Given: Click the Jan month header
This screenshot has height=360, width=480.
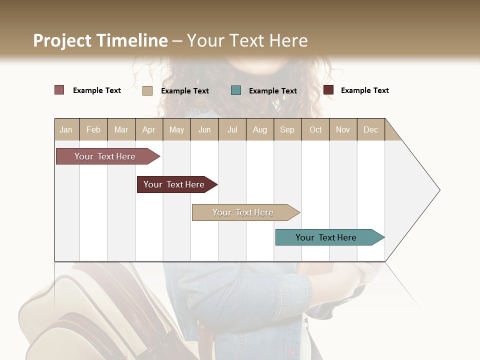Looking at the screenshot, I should pyautogui.click(x=66, y=129).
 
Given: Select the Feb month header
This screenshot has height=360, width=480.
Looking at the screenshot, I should pyautogui.click(x=93, y=129).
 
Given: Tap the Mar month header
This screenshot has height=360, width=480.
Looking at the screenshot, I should pyautogui.click(x=121, y=129).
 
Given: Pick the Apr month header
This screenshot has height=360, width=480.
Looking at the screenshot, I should pyautogui.click(x=149, y=129).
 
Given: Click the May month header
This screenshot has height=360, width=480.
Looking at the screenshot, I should pyautogui.click(x=176, y=129).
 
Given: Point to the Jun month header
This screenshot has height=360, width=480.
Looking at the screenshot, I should pyautogui.click(x=204, y=129).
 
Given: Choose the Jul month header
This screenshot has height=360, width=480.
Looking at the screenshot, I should pyautogui.click(x=232, y=129).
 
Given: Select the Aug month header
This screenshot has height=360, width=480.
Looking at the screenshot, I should pyautogui.click(x=260, y=129).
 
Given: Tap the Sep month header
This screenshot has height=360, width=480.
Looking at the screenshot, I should pyautogui.click(x=287, y=129).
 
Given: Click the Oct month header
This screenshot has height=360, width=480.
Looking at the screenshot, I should pyautogui.click(x=315, y=129).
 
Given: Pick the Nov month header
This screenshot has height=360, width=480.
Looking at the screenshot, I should pyautogui.click(x=343, y=129).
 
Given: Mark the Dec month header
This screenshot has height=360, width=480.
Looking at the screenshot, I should pyautogui.click(x=371, y=129).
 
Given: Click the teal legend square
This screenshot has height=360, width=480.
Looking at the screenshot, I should pyautogui.click(x=236, y=90).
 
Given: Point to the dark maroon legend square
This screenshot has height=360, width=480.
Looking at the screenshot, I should pyautogui.click(x=328, y=90).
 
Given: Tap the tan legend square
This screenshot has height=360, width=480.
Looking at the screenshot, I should pyautogui.click(x=147, y=90).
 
